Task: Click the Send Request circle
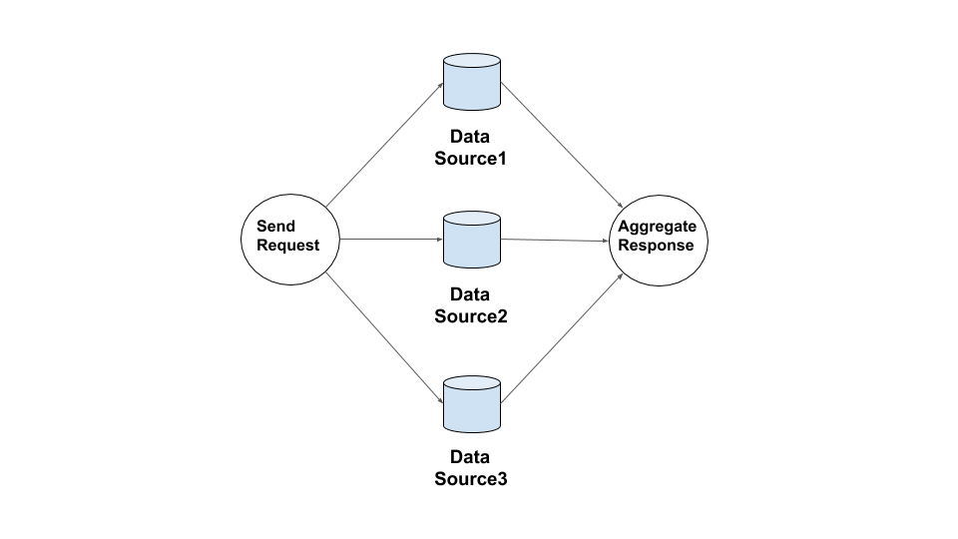(290, 239)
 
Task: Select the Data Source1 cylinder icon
(471, 83)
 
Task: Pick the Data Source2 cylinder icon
(471, 240)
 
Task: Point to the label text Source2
(471, 316)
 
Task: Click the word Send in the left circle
(275, 227)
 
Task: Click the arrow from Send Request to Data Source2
(391, 240)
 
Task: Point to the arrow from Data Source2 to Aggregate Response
(555, 241)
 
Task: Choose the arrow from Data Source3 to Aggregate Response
(562, 338)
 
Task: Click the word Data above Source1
(471, 138)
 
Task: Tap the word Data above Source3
(471, 457)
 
